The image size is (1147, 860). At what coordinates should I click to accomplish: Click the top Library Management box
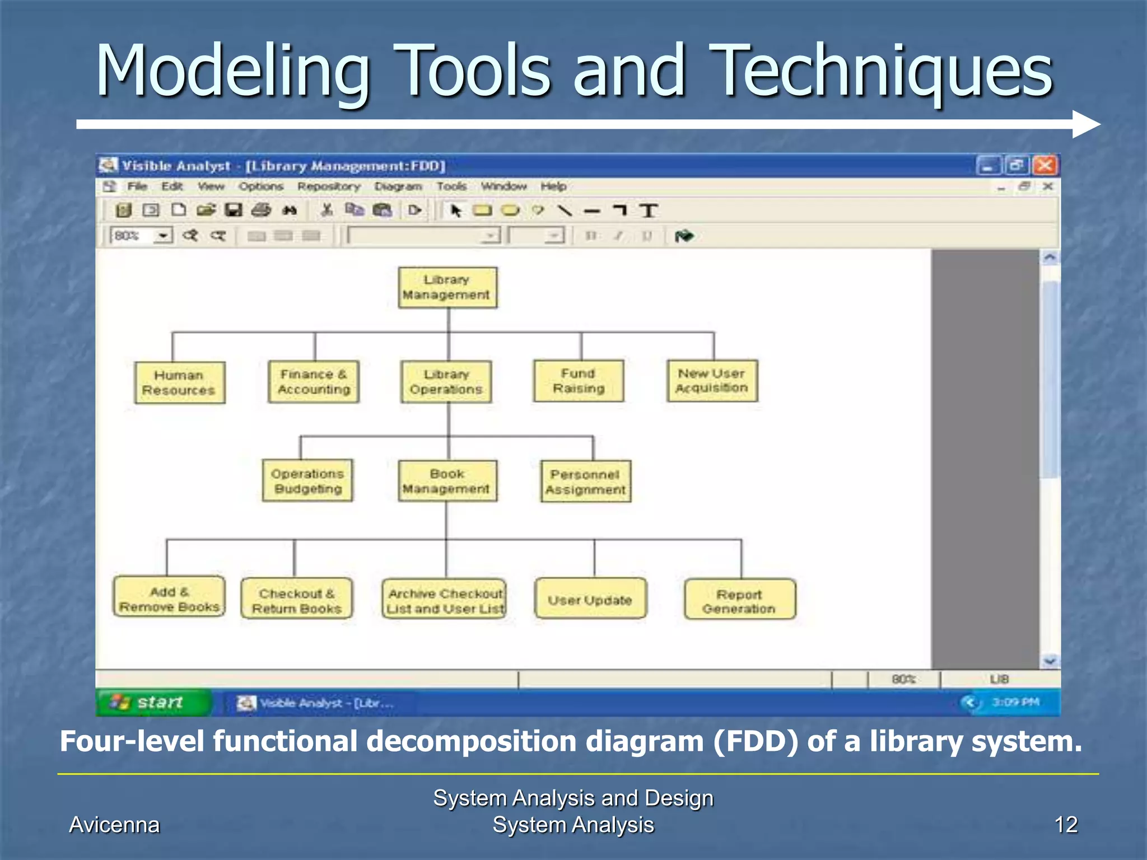(447, 287)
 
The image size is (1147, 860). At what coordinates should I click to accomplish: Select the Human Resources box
(179, 382)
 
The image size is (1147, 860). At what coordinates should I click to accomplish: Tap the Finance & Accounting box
(314, 382)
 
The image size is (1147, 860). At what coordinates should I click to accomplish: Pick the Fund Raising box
(579, 381)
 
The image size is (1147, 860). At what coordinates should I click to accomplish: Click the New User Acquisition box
(712, 381)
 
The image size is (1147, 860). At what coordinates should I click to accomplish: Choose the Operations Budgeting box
(307, 481)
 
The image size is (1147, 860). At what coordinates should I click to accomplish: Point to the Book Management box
(447, 482)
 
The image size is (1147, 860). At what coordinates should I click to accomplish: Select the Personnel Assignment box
(585, 482)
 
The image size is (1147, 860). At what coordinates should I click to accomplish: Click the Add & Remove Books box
(169, 597)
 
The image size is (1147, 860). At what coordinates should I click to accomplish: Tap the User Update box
(590, 599)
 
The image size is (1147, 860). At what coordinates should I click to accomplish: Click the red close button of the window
(1045, 166)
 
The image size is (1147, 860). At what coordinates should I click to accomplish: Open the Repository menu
(329, 186)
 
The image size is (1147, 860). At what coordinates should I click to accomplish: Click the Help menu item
(553, 186)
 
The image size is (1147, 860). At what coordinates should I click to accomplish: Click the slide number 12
(1065, 825)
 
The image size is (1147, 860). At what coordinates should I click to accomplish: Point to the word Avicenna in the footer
(114, 825)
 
